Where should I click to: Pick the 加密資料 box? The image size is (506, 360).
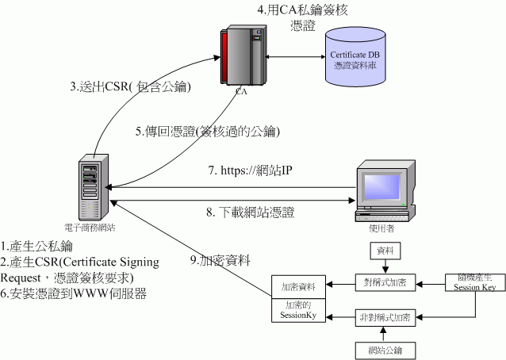[293, 286]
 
